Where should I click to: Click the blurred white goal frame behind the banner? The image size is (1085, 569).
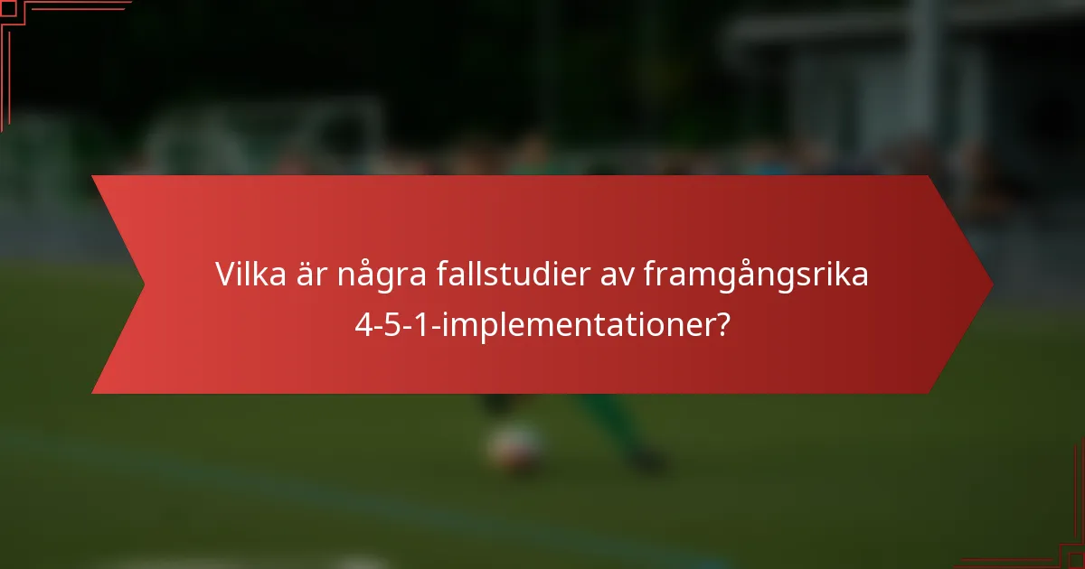pyautogui.click(x=271, y=135)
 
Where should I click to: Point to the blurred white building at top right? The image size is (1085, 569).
pyautogui.click(x=904, y=81)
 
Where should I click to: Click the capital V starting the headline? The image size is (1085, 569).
pyautogui.click(x=224, y=275)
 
